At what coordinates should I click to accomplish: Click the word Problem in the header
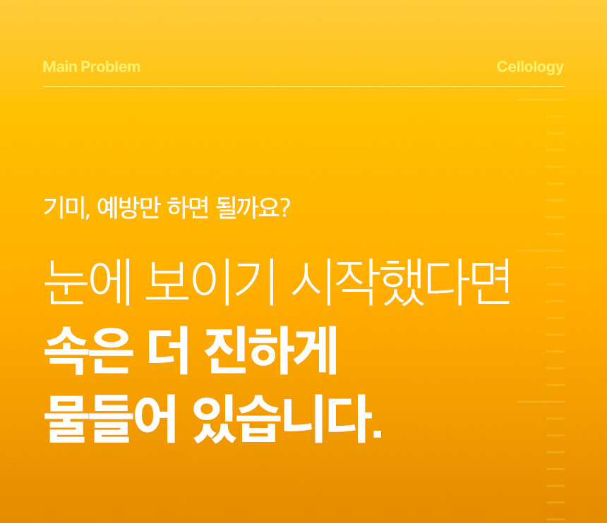click(110, 67)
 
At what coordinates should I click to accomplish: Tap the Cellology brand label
click(530, 67)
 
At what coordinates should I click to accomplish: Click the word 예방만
click(128, 207)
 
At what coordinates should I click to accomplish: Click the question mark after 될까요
click(285, 207)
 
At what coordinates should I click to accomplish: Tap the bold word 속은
click(89, 350)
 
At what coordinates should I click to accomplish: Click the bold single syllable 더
click(167, 350)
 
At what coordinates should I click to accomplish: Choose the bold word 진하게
click(270, 350)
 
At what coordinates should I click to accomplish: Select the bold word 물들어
click(110, 419)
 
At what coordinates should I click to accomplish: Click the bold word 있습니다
click(282, 419)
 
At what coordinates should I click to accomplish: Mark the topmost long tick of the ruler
click(541, 99)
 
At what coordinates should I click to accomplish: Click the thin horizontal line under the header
click(303, 86)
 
